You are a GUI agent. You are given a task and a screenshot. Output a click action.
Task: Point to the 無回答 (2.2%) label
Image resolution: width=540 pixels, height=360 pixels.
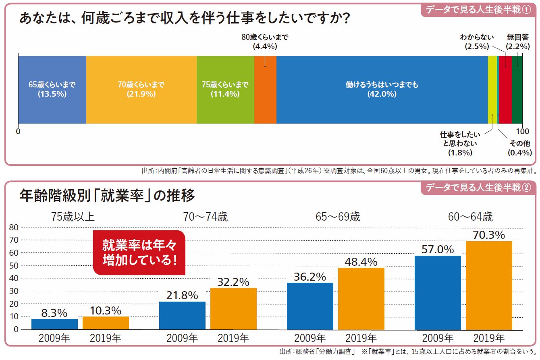pyautogui.click(x=518, y=42)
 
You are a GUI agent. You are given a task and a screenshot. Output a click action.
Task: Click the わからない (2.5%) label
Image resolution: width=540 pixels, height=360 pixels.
pyautogui.click(x=477, y=42)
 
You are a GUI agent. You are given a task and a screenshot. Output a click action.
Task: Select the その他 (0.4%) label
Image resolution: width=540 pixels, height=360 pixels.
pyautogui.click(x=520, y=148)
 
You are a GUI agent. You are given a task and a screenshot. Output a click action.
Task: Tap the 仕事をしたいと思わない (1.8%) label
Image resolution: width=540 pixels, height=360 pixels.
pyautogui.click(x=460, y=143)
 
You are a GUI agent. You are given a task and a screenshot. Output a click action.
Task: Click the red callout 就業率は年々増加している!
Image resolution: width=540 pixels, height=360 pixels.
pyautogui.click(x=139, y=252)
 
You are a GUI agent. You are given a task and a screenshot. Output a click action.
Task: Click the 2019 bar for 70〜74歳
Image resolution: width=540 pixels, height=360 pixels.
pyautogui.click(x=233, y=308)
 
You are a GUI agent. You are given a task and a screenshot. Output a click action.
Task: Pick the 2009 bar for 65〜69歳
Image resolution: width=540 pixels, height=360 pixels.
pyautogui.click(x=310, y=306)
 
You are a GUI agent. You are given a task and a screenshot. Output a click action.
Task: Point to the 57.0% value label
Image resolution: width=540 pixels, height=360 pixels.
pyautogui.click(x=438, y=250)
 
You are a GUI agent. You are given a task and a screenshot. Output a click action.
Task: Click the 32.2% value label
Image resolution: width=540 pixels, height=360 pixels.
pyautogui.click(x=233, y=282)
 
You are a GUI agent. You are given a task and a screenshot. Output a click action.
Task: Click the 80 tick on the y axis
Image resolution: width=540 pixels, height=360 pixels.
pyautogui.click(x=14, y=228)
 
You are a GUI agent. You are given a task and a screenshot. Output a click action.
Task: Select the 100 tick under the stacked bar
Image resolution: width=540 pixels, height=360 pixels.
pyautogui.click(x=523, y=131)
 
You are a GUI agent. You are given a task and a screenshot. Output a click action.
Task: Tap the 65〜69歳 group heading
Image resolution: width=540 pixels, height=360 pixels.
pyautogui.click(x=338, y=217)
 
